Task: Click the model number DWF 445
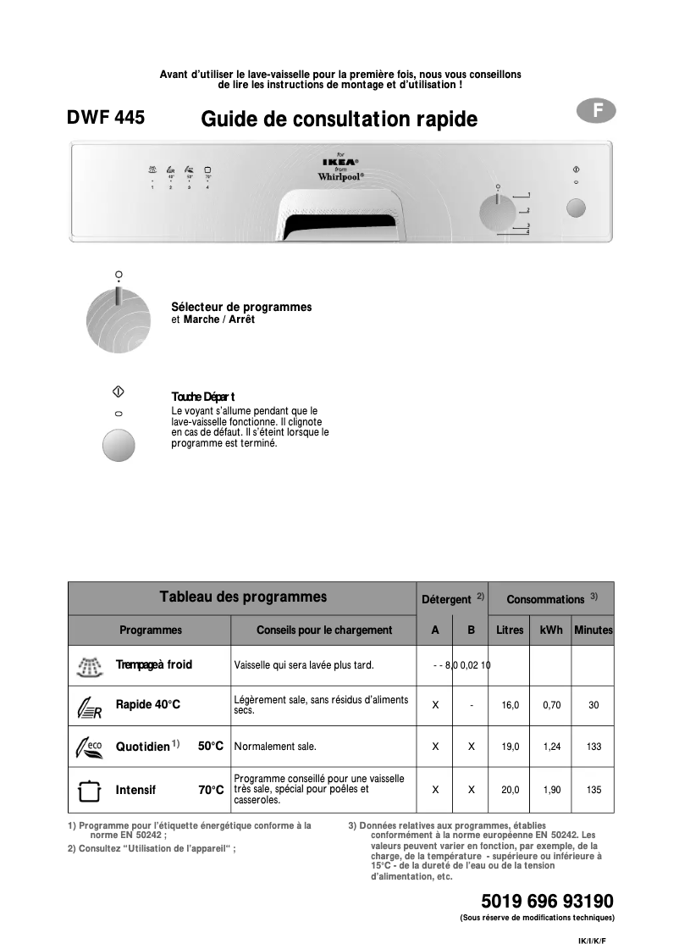pyautogui.click(x=106, y=119)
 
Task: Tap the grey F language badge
pyautogui.click(x=598, y=110)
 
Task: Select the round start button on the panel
pyautogui.click(x=575, y=208)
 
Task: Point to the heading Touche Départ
pyautogui.click(x=203, y=397)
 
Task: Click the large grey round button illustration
pyautogui.click(x=119, y=446)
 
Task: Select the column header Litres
pyautogui.click(x=510, y=630)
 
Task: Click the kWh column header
pyautogui.click(x=551, y=630)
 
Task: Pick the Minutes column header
pyautogui.click(x=593, y=630)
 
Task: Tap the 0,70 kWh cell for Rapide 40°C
pyautogui.click(x=552, y=705)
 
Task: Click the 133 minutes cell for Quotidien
pyautogui.click(x=593, y=747)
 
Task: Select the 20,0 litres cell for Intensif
pyautogui.click(x=510, y=790)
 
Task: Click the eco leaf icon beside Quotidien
pyautogui.click(x=89, y=747)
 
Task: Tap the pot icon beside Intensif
pyautogui.click(x=88, y=791)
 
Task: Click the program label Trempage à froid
pyautogui.click(x=154, y=665)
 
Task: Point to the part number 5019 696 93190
pyautogui.click(x=547, y=901)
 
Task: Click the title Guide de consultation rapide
pyautogui.click(x=339, y=120)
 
